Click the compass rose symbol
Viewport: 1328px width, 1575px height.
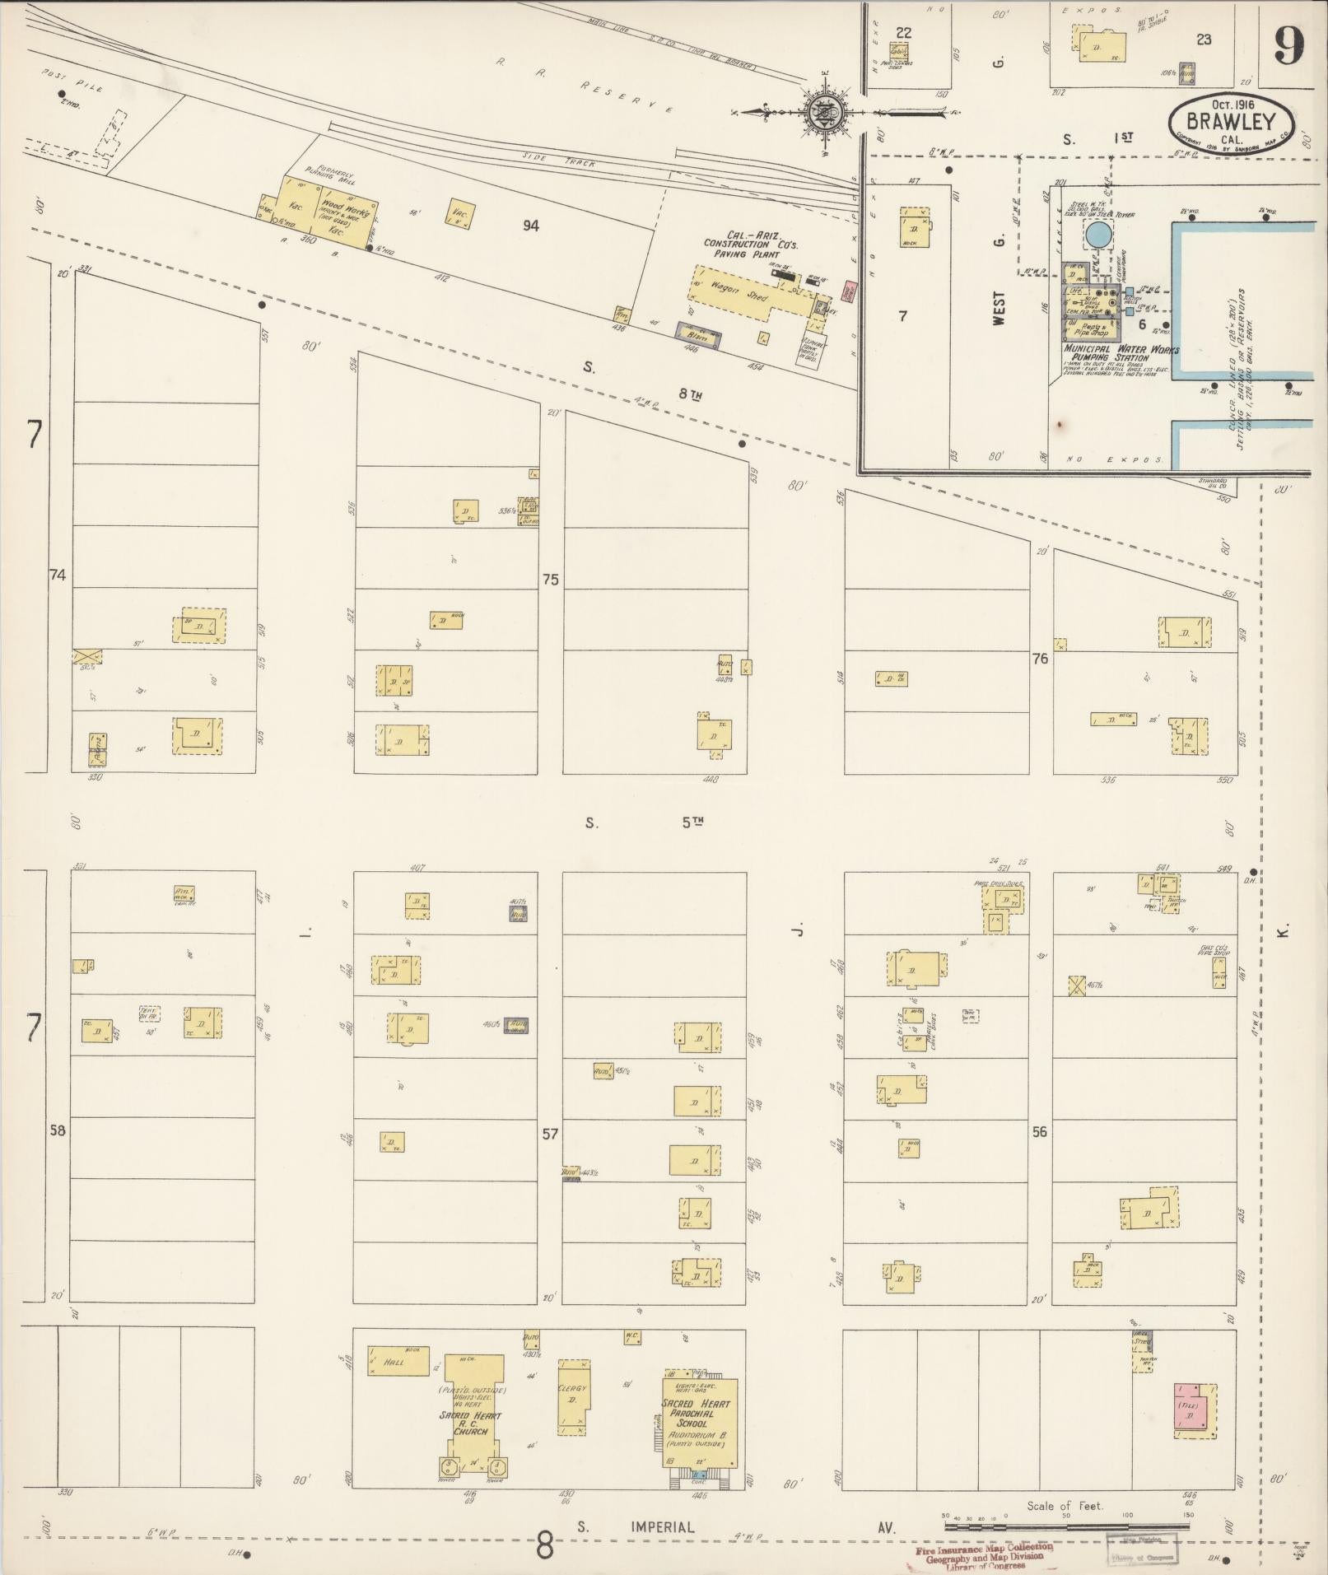(x=822, y=112)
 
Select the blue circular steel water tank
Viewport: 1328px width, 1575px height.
(x=1097, y=235)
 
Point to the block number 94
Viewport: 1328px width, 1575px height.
(x=530, y=225)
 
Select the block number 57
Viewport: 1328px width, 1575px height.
(x=549, y=1134)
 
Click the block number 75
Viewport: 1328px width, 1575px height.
(x=550, y=580)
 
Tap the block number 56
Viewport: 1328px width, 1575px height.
(x=1040, y=1132)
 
